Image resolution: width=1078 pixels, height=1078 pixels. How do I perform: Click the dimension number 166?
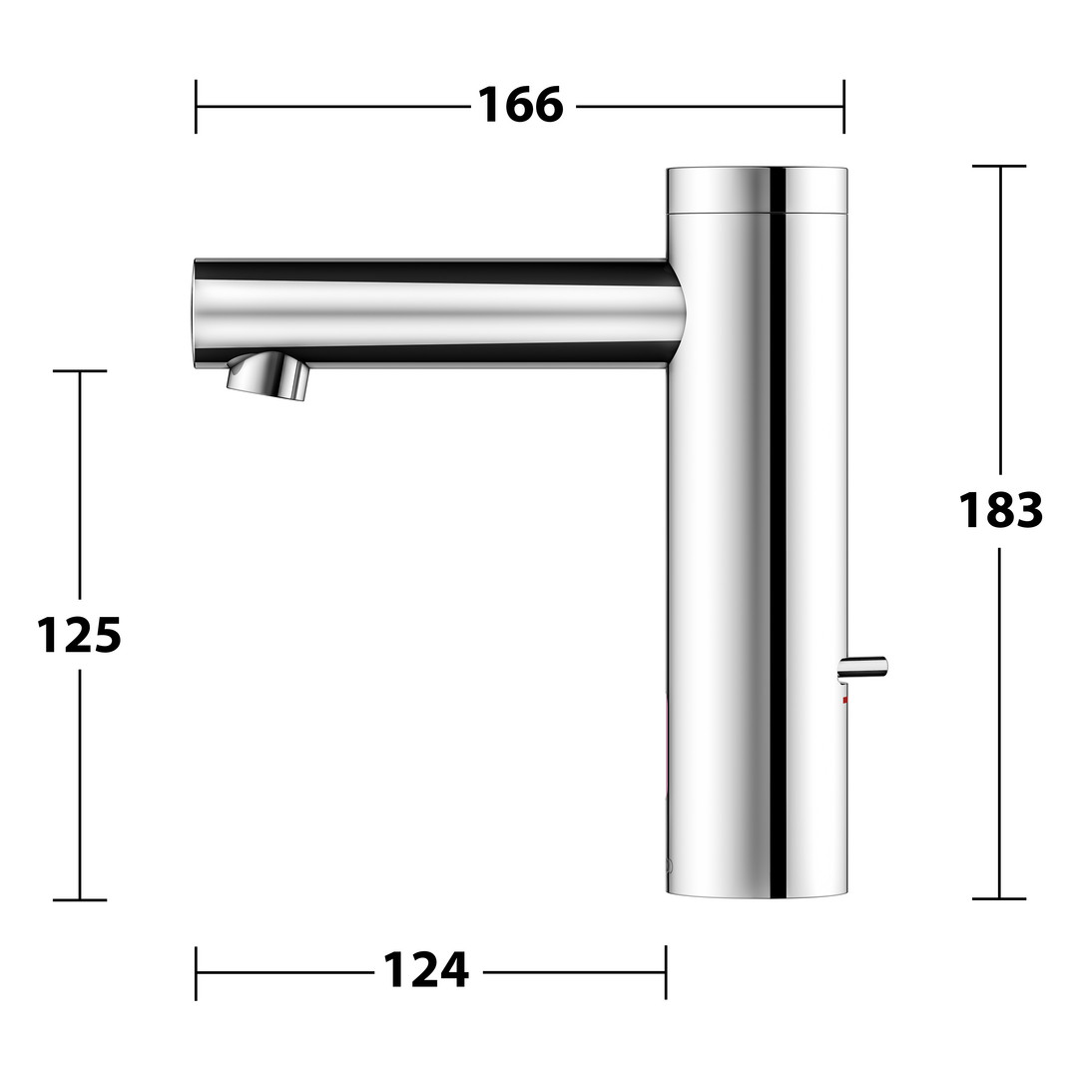(x=520, y=106)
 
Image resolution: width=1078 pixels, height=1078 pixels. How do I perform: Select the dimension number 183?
(x=1000, y=510)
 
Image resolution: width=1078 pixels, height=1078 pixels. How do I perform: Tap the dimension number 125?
(x=79, y=635)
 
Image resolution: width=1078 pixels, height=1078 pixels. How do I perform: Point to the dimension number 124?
(x=425, y=970)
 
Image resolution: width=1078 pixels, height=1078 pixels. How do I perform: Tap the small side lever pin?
(x=863, y=668)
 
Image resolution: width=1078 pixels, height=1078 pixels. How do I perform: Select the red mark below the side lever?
(x=845, y=700)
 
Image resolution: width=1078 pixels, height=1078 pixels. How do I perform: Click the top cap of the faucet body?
(x=757, y=189)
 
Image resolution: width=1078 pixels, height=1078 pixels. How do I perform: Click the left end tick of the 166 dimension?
(x=196, y=107)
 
